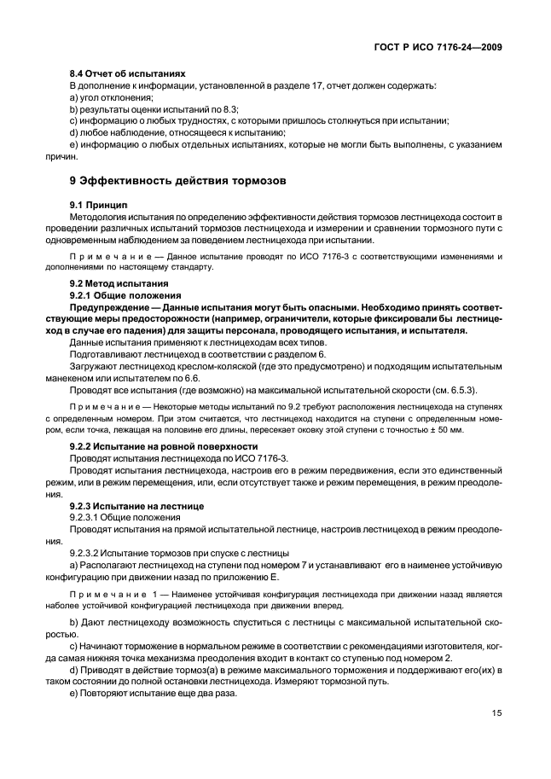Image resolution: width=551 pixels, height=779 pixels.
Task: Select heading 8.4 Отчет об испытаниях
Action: pyautogui.click(x=127, y=74)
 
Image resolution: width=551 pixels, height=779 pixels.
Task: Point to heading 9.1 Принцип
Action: pyautogui.click(x=97, y=206)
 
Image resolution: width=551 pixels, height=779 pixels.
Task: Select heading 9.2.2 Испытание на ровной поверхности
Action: pyautogui.click(x=163, y=446)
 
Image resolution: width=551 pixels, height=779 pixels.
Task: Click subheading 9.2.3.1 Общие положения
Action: pyautogui.click(x=125, y=518)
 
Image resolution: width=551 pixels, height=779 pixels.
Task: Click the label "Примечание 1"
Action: pyautogui.click(x=108, y=593)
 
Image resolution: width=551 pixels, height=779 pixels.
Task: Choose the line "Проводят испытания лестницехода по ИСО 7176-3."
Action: pyautogui.click(x=168, y=458)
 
